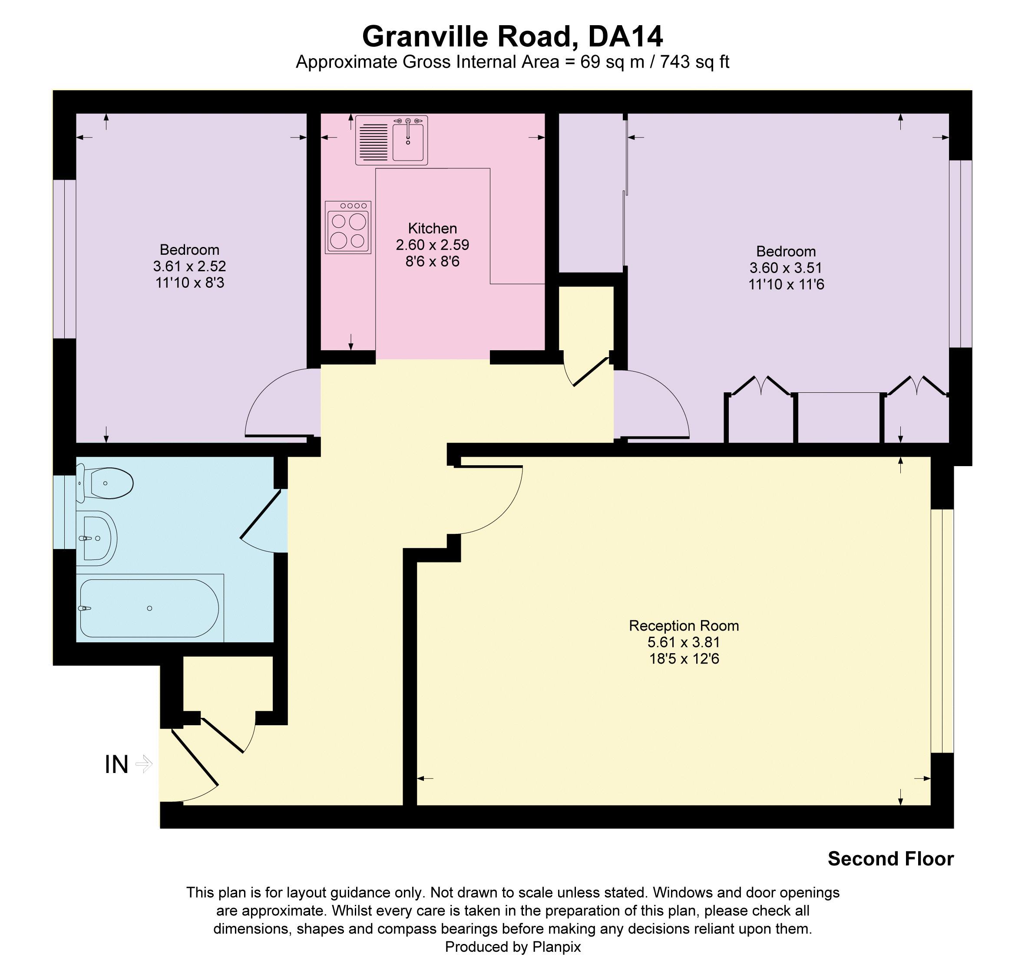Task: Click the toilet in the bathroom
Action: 106,483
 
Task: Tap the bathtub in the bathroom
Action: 149,608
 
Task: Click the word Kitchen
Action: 432,228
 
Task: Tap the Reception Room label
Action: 683,625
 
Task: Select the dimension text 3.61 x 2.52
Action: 189,266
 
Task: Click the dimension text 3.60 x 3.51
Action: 786,268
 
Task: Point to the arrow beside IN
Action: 144,764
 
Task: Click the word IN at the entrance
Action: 116,765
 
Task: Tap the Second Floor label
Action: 890,859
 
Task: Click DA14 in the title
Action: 625,36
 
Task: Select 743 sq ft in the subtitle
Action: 694,62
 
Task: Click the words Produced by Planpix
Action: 512,947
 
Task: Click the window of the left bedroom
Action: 65,260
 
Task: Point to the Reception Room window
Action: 942,631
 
